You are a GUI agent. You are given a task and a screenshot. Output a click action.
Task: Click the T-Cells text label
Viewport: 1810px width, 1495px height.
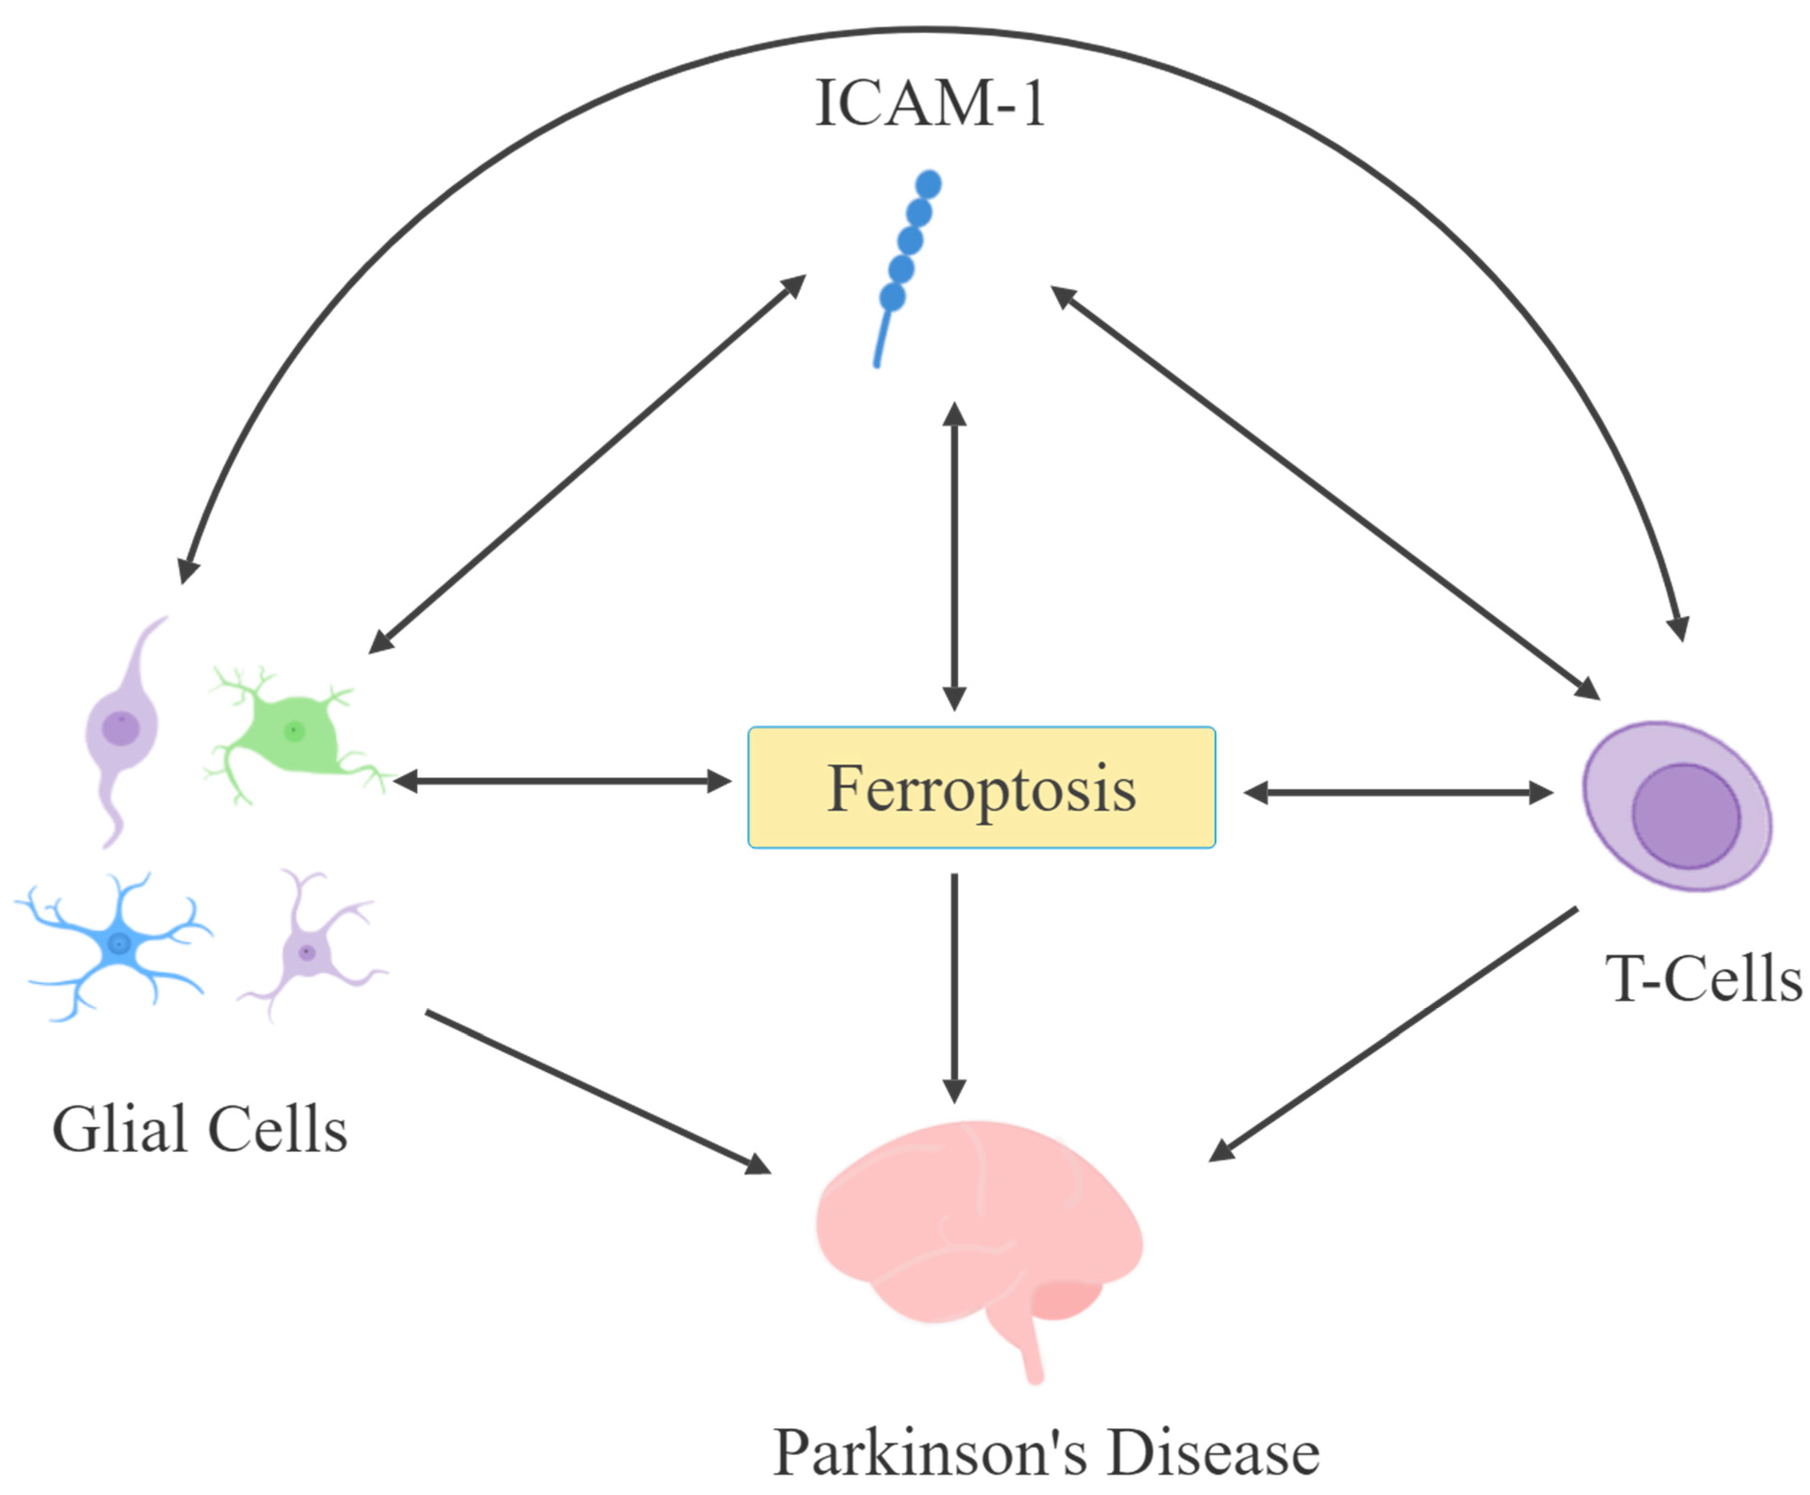(1703, 979)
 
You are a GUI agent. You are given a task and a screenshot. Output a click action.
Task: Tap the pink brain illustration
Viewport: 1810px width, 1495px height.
(973, 1223)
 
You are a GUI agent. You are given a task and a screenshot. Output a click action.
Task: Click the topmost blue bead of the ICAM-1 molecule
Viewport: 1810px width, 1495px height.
(928, 183)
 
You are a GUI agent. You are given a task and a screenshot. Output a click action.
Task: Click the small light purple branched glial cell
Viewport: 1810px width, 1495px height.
(307, 952)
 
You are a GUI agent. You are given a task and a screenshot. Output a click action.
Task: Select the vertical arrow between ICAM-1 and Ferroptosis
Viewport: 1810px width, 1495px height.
(954, 556)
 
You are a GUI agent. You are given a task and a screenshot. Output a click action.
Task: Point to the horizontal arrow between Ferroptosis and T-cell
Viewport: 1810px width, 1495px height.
(1398, 792)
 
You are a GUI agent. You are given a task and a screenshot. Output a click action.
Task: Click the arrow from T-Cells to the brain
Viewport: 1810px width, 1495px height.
(1395, 1033)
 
